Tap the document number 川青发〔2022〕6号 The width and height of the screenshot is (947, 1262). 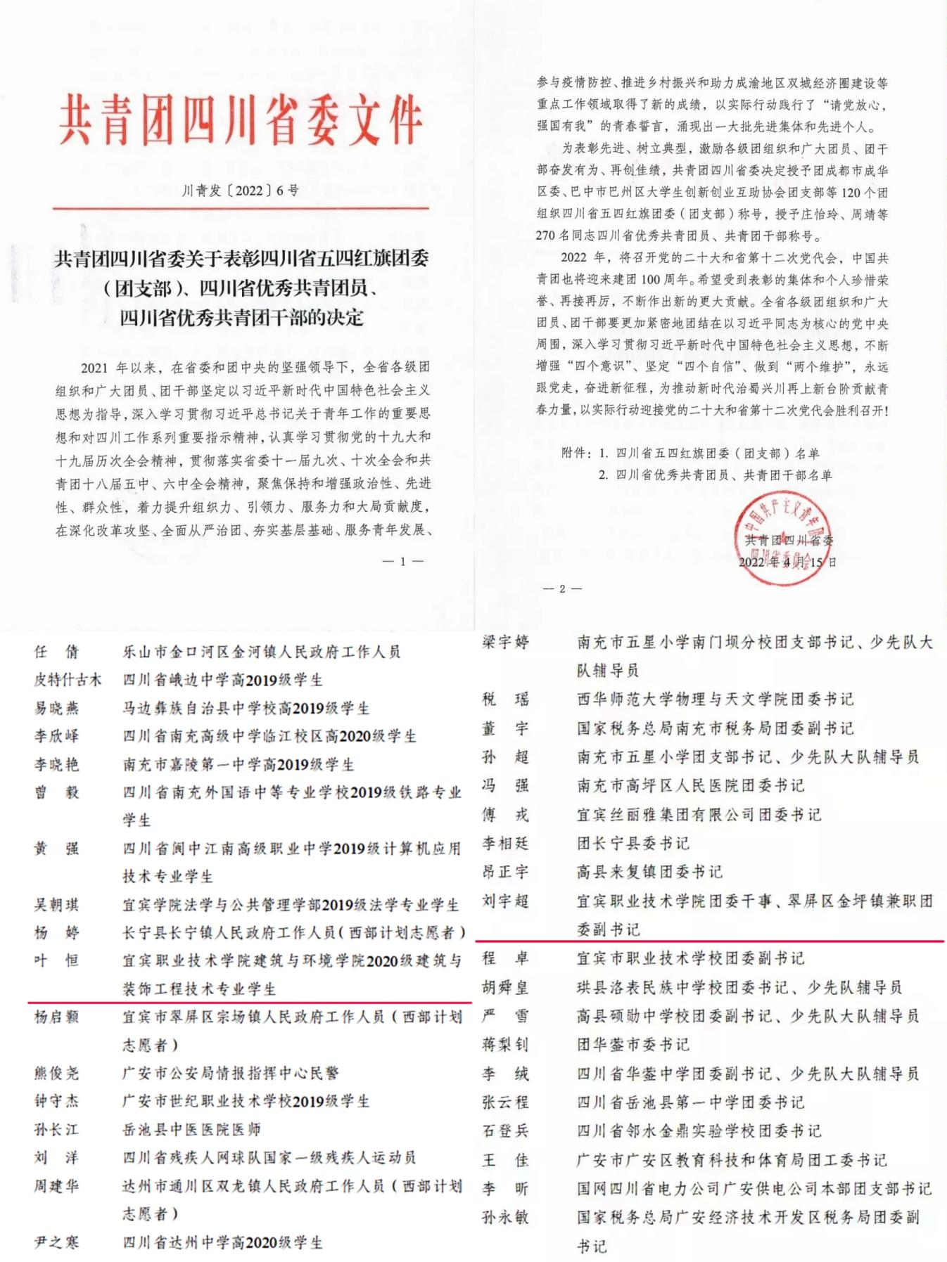coord(241,191)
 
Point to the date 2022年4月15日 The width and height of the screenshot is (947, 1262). coord(787,562)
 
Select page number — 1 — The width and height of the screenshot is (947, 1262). coord(402,561)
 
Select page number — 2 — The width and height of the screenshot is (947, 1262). coord(562,588)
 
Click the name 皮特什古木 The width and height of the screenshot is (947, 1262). coord(68,680)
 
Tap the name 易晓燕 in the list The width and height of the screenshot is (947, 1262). coord(57,708)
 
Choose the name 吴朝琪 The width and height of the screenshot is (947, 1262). coord(57,905)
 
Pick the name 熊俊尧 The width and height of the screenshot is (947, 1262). coord(57,1073)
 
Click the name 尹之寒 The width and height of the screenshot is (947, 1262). coord(57,1242)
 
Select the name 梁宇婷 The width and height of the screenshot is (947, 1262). coord(505,642)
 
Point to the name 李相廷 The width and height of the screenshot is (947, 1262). coord(505,843)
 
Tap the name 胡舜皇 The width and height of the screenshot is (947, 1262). coord(505,987)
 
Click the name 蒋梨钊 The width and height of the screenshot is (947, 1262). coord(505,1045)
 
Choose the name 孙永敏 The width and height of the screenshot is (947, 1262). coord(505,1217)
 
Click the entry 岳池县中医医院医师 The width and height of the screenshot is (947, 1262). coord(192,1130)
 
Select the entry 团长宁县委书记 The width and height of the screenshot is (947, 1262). coord(633,843)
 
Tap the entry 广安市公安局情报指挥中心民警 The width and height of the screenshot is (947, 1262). coord(231,1073)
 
